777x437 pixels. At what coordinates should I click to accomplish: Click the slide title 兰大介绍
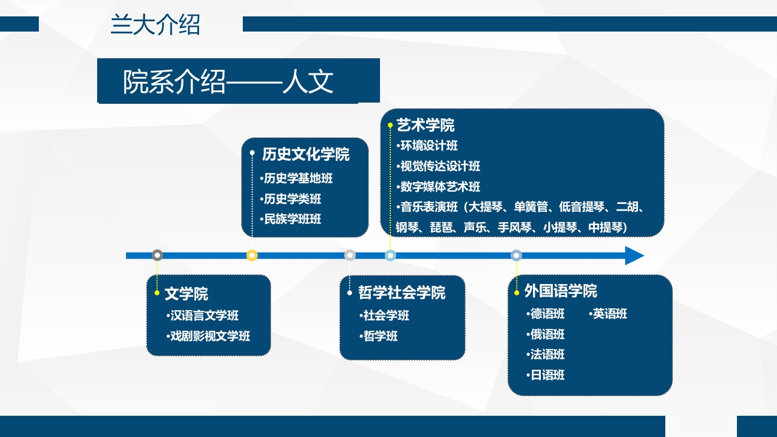coord(155,25)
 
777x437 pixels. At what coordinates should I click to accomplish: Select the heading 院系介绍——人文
coord(228,81)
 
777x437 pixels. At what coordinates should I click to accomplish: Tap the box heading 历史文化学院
coord(305,155)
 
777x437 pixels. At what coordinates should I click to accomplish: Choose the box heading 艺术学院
coord(425,126)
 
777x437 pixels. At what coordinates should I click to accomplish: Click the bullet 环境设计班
coord(427,146)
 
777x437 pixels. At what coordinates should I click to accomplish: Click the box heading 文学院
coord(186,294)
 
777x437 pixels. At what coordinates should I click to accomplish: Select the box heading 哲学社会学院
coord(401,293)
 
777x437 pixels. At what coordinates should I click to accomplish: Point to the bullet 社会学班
coord(384,316)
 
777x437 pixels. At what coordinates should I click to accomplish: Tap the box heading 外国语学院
coord(560,291)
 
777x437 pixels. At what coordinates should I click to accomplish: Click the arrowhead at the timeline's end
coord(634,256)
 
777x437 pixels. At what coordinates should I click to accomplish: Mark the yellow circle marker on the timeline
coord(252,256)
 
